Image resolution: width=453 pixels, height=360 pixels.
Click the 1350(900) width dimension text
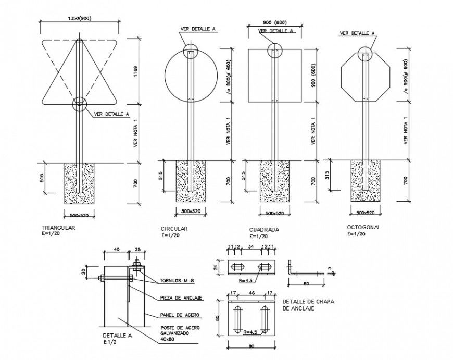click(79, 18)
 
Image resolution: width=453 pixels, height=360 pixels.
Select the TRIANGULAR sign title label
click(58, 228)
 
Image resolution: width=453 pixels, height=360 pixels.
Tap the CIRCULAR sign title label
click(174, 229)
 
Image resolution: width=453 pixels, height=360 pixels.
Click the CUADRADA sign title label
click(264, 229)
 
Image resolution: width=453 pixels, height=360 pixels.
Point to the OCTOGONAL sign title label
click(364, 228)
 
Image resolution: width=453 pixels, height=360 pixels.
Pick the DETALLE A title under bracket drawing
click(117, 336)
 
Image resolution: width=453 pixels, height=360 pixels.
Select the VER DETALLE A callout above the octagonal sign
click(357, 33)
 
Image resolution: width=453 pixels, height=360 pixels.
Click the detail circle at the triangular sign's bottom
click(80, 104)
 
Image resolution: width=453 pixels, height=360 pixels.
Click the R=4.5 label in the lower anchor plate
click(247, 332)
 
